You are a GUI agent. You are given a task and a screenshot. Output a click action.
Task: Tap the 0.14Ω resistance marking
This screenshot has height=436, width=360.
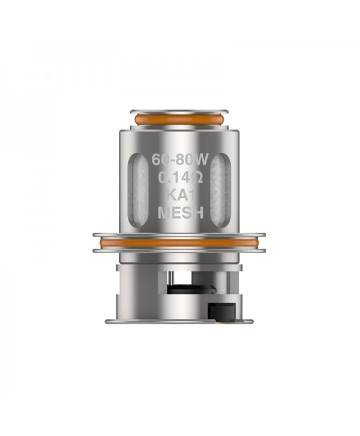click(180, 178)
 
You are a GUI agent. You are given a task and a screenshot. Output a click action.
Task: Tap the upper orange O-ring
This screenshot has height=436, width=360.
click(180, 120)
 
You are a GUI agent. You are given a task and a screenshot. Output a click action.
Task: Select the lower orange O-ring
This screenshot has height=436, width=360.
click(180, 243)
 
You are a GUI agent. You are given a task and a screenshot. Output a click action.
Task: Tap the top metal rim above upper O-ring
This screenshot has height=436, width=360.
click(180, 112)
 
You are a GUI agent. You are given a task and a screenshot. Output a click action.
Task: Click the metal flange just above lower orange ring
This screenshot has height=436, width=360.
click(180, 235)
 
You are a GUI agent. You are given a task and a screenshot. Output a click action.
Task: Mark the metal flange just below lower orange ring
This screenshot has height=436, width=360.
click(180, 250)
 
